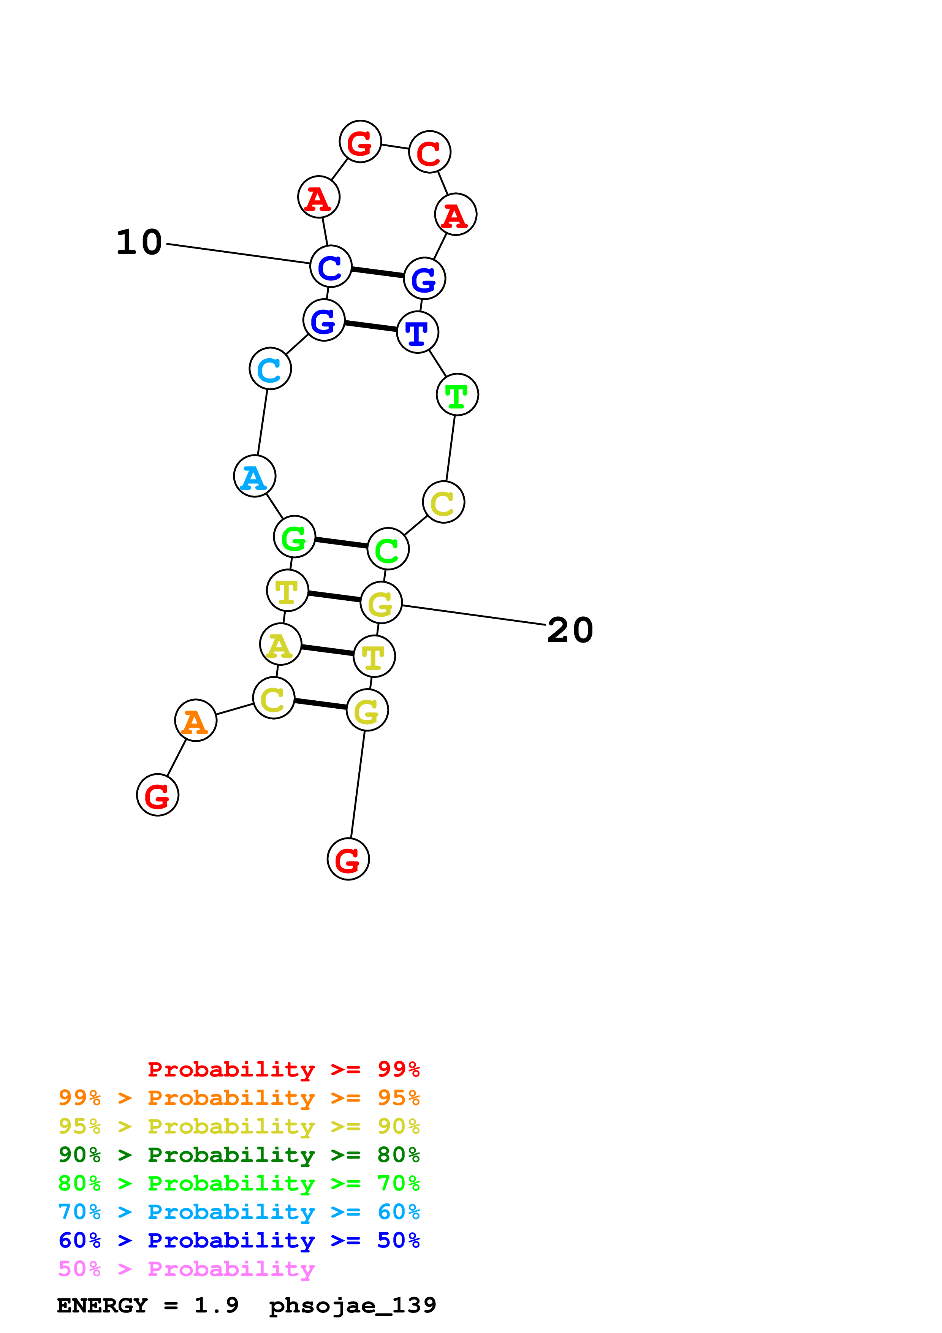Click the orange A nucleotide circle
(196, 720)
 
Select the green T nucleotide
(458, 395)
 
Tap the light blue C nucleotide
(270, 369)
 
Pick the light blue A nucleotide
(254, 476)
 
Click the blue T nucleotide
(417, 332)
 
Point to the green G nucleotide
(294, 537)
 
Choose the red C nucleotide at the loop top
(429, 152)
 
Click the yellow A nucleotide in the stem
(280, 644)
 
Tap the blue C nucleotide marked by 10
(331, 266)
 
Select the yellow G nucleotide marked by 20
(381, 603)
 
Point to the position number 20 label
(570, 630)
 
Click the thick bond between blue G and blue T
(370, 326)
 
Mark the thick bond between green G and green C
(341, 543)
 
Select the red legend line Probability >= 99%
(283, 1069)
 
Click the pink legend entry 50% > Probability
(186, 1268)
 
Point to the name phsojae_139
(352, 1305)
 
